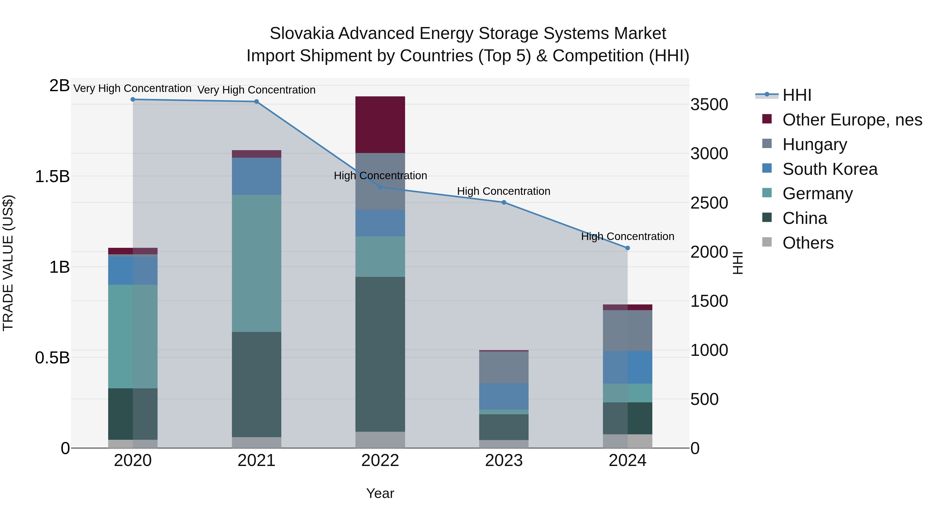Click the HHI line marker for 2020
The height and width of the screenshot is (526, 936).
[x=133, y=99]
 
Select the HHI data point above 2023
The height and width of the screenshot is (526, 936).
[x=504, y=203]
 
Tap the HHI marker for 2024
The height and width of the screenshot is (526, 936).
[x=628, y=248]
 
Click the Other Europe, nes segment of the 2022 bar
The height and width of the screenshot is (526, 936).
[x=380, y=124]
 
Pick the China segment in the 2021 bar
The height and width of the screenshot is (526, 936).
[x=257, y=384]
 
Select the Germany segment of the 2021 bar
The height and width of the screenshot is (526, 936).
[x=257, y=263]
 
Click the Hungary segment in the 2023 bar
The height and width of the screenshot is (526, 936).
[x=504, y=367]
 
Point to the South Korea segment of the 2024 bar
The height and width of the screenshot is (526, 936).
[x=628, y=367]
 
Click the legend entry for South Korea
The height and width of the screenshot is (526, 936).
[x=830, y=169]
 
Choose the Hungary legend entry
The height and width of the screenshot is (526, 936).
[x=814, y=144]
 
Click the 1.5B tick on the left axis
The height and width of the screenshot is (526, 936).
[x=52, y=177]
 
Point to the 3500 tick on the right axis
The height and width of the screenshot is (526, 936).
[x=709, y=105]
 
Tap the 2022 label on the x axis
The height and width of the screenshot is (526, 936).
[x=380, y=461]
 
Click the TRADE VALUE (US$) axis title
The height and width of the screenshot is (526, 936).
[x=8, y=263]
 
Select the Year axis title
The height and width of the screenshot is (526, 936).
[x=380, y=493]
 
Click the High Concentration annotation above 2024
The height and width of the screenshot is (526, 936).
[x=628, y=236]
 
